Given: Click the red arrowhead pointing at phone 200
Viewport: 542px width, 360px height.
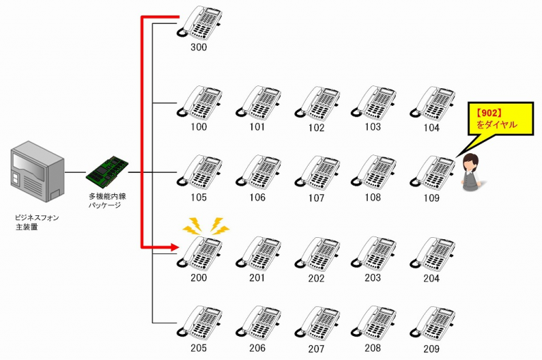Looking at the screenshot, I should [171, 248].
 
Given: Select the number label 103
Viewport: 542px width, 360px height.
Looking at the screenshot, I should [373, 127].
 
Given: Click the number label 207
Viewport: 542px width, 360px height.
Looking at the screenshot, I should [316, 349].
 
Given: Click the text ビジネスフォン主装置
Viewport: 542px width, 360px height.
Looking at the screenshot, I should [37, 222].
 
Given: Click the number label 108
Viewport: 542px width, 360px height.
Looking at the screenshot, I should [373, 198].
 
